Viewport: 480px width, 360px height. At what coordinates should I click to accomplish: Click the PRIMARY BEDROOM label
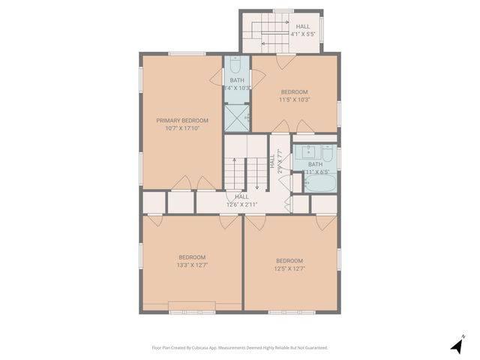click(182, 120)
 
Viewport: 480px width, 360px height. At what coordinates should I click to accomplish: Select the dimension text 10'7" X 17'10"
click(182, 128)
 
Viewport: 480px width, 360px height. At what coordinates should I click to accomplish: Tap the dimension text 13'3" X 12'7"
click(192, 264)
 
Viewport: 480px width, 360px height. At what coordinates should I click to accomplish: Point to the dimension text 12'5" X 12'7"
click(289, 268)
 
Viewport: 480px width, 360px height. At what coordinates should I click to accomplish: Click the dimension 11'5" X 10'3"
click(295, 99)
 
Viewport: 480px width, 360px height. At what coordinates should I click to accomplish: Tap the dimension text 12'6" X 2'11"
click(242, 204)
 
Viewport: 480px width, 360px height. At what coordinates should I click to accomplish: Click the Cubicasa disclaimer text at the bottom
click(240, 347)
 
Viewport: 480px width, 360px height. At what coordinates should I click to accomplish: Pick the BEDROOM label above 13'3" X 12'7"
click(192, 256)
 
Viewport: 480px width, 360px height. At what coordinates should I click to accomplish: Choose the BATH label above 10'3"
click(237, 80)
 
